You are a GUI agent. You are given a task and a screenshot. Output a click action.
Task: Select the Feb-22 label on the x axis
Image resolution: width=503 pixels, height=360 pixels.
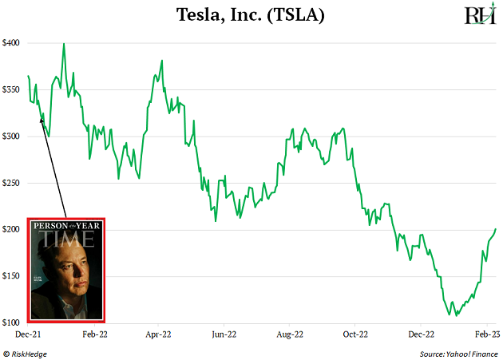pyautogui.click(x=95, y=335)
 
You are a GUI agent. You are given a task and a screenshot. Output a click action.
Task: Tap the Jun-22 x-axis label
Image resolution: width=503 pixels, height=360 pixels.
pyautogui.click(x=225, y=335)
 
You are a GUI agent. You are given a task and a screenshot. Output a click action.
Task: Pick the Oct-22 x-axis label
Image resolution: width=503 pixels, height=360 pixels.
pyautogui.click(x=356, y=335)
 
